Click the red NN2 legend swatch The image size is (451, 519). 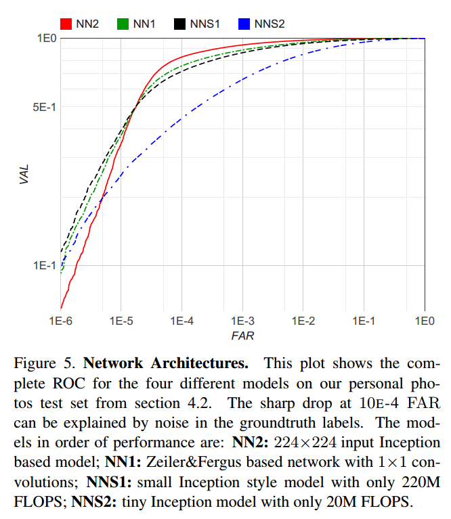coord(66,24)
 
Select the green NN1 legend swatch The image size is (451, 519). coord(123,24)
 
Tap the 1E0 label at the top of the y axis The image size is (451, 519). coord(45,39)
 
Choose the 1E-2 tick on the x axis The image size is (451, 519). coord(303,320)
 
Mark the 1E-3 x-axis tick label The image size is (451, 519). coord(242,320)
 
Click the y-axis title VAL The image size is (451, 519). coord(24,174)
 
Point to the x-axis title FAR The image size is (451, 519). coord(242,335)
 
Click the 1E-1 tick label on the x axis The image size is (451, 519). coord(364,320)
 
